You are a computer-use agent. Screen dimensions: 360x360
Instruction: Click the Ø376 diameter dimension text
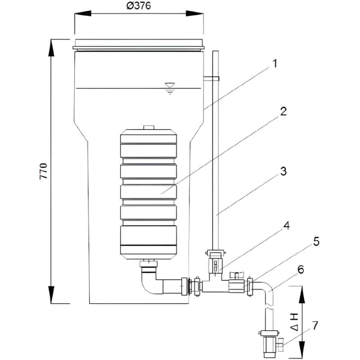[x=139, y=6]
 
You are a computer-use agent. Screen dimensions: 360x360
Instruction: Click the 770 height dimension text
[x=44, y=171]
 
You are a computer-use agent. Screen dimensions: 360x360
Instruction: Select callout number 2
[x=283, y=112]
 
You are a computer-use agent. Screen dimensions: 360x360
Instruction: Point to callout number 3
[x=283, y=171]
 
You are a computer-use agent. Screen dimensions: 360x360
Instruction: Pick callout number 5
[x=317, y=242]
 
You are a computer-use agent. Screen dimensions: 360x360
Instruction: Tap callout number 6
[x=301, y=269]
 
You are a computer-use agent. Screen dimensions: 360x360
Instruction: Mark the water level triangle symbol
[x=169, y=85]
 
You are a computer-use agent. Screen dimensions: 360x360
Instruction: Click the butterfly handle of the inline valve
[x=236, y=274]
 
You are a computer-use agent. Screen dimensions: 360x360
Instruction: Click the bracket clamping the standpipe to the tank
[x=211, y=79]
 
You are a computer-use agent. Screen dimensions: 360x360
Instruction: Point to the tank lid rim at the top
[x=139, y=44]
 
